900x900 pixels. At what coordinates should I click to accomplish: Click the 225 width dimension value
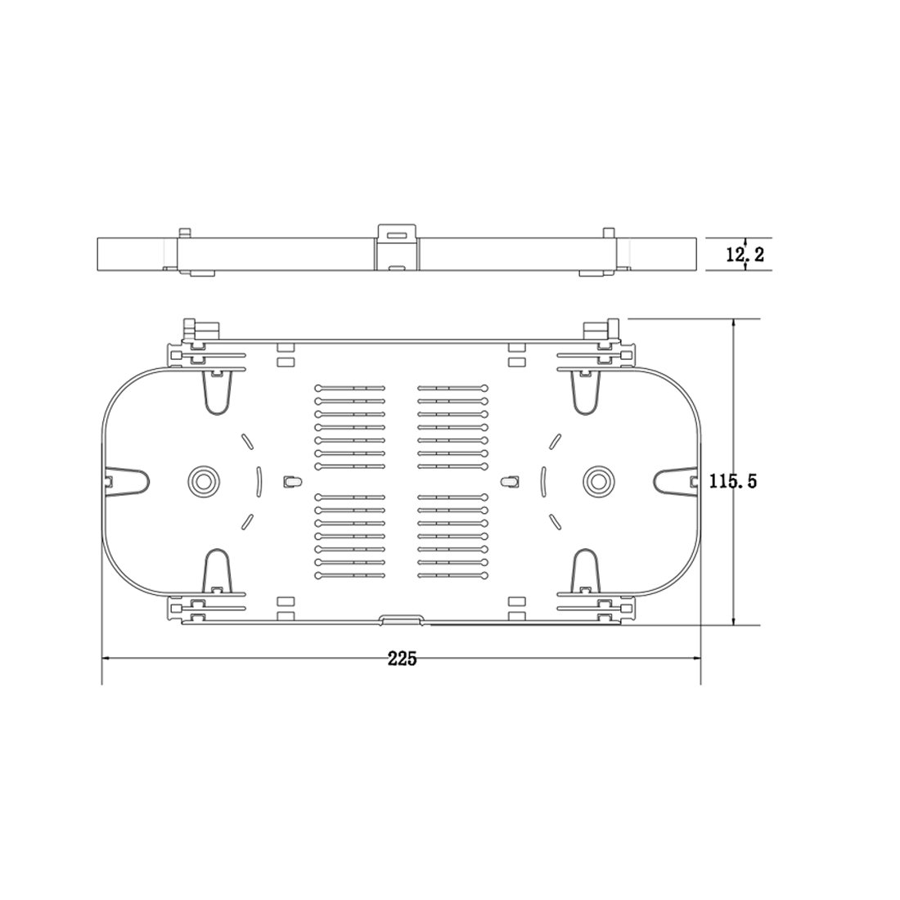(x=402, y=659)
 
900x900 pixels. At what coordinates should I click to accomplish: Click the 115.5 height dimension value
(x=733, y=480)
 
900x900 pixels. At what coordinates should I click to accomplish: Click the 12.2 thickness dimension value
(x=745, y=254)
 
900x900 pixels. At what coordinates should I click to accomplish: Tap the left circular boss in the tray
(x=203, y=479)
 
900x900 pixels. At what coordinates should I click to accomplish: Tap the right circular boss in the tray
(x=597, y=479)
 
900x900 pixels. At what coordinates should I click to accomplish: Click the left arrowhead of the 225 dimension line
(x=106, y=659)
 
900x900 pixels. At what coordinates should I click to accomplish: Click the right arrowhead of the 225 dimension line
(x=695, y=659)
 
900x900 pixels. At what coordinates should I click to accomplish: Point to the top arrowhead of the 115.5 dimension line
(x=733, y=325)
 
